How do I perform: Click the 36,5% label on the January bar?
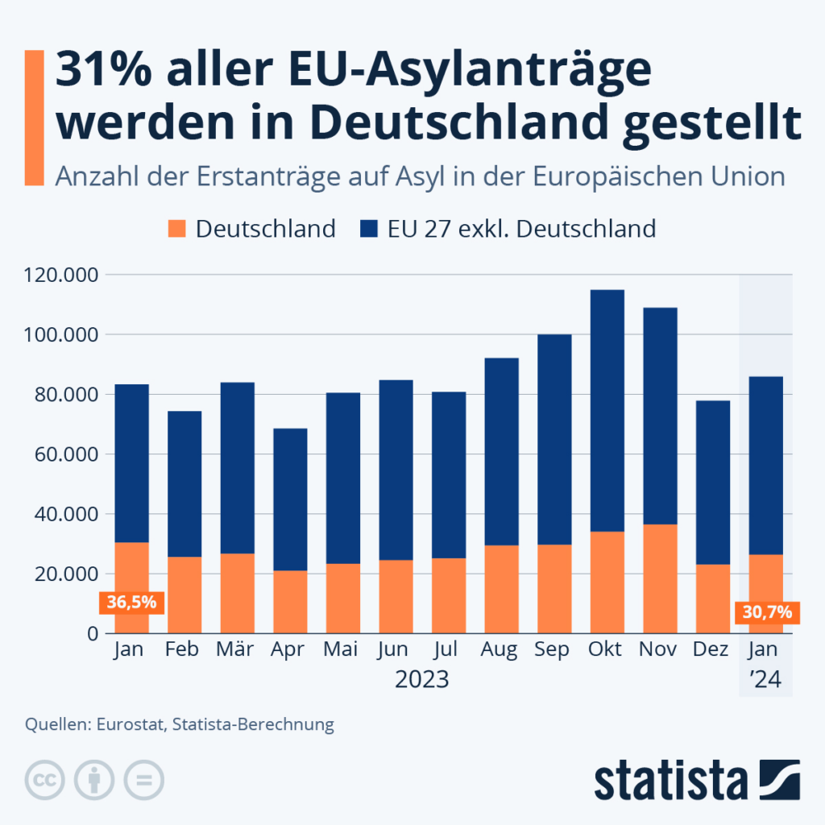[132, 602]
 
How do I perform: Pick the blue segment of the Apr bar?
[290, 500]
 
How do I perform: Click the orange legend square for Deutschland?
[176, 228]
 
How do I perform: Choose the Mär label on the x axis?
[236, 649]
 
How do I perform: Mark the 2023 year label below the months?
[422, 680]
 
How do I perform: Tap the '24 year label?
[765, 680]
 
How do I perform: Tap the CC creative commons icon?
[44, 780]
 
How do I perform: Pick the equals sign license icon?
[144, 780]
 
